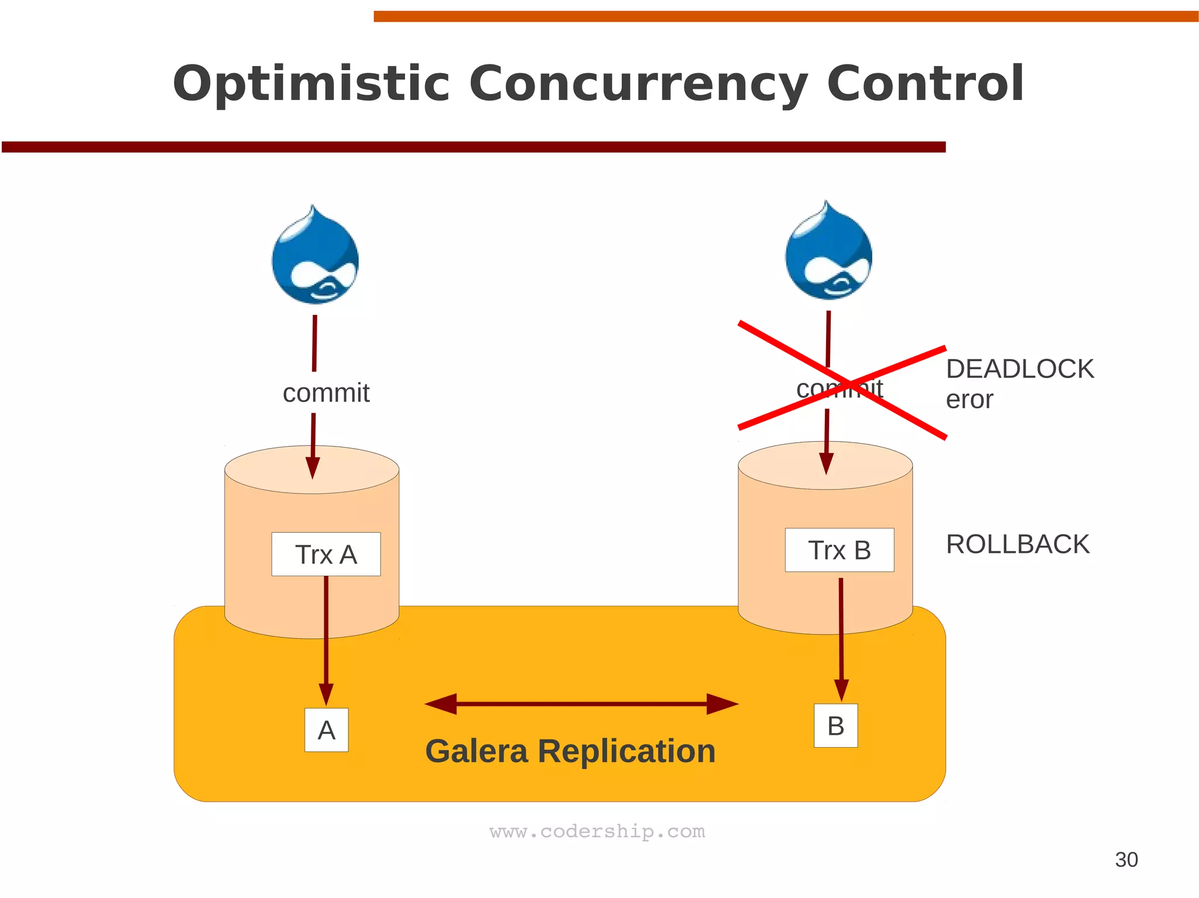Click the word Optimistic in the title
click(311, 84)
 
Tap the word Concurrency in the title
click(638, 84)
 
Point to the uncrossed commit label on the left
click(326, 393)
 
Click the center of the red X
click(841, 379)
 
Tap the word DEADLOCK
click(1019, 369)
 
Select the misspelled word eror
click(969, 400)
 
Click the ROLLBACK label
click(1018, 544)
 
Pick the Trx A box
click(326, 554)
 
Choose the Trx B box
click(839, 550)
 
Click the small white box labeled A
click(326, 730)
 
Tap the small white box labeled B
click(835, 725)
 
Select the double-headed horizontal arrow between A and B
click(581, 704)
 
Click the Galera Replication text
click(570, 751)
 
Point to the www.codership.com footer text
click(597, 831)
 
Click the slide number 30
click(1126, 859)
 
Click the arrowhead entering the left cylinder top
click(313, 468)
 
